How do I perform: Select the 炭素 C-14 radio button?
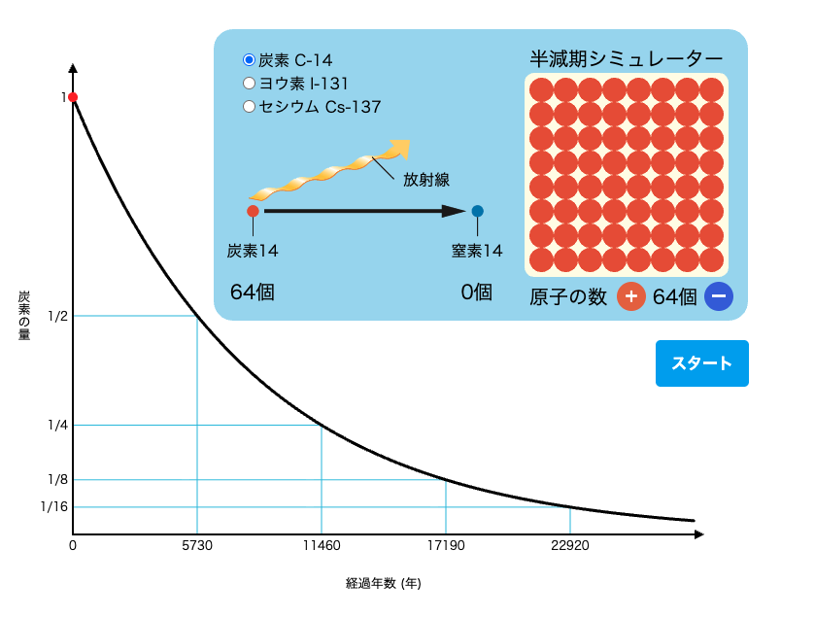pyautogui.click(x=249, y=60)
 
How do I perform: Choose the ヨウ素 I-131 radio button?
pyautogui.click(x=249, y=84)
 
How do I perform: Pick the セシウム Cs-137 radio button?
pyautogui.click(x=249, y=107)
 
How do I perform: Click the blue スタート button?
pyautogui.click(x=701, y=363)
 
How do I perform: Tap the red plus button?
pyautogui.click(x=631, y=296)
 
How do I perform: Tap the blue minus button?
pyautogui.click(x=719, y=296)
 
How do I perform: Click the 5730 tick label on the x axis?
pyautogui.click(x=197, y=546)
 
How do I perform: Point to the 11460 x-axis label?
pyautogui.click(x=322, y=546)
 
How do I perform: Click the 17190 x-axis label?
pyautogui.click(x=446, y=546)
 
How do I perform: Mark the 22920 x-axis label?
pyautogui.click(x=569, y=546)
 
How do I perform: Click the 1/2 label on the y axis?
pyautogui.click(x=57, y=316)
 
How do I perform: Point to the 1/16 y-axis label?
pyautogui.click(x=54, y=506)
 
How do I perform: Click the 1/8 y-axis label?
pyautogui.click(x=57, y=479)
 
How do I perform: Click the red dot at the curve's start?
pyautogui.click(x=73, y=97)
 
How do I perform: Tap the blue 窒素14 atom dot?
pyautogui.click(x=477, y=211)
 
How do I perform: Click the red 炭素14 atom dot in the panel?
pyautogui.click(x=253, y=211)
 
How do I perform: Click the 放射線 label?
pyautogui.click(x=426, y=179)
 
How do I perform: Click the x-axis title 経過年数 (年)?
pyautogui.click(x=384, y=584)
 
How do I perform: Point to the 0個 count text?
pyautogui.click(x=477, y=292)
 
